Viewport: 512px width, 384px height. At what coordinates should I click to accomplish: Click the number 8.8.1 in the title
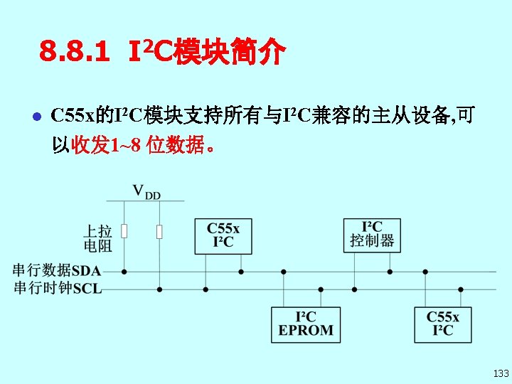tap(75, 52)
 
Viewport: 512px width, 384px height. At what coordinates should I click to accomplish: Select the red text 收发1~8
tap(107, 146)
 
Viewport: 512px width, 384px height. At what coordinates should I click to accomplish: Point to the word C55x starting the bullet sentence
tap(75, 115)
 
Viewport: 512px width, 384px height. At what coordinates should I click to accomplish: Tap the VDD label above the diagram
tap(146, 191)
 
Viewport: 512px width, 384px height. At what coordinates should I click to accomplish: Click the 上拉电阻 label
tap(97, 238)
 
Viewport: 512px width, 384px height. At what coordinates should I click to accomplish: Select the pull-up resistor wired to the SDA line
tap(124, 231)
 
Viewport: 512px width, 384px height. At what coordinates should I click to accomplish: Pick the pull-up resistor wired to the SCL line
tap(159, 231)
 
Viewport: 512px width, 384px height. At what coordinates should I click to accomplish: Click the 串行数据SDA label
tap(57, 270)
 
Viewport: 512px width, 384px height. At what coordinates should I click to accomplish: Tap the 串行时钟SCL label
tap(57, 288)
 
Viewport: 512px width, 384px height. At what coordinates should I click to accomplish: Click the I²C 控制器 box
tap(372, 235)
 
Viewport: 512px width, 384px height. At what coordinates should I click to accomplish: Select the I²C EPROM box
tap(306, 324)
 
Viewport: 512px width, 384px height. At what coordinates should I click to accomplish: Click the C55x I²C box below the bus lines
tap(442, 324)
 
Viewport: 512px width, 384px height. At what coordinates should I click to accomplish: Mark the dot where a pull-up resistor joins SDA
tap(124, 271)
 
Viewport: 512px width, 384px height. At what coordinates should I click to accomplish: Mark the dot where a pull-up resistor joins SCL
tap(159, 289)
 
